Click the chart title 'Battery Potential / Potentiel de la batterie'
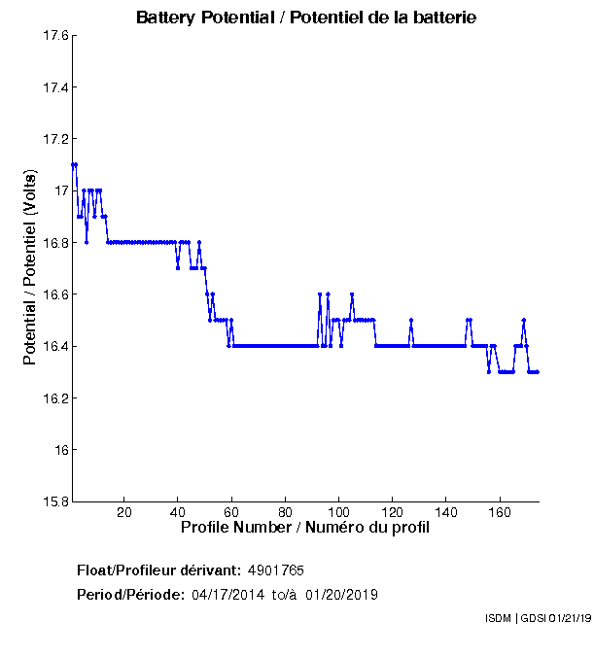306,17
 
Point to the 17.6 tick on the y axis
54,36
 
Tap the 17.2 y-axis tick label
54,139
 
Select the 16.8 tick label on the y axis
54,243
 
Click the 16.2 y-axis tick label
54,398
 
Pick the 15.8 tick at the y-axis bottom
54,502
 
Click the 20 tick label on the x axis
123,512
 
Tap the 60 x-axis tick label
231,512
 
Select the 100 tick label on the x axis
338,512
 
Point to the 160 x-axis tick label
500,512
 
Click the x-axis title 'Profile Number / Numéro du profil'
305,528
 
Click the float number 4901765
283,570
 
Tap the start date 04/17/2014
227,595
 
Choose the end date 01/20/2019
341,595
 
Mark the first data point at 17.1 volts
73,165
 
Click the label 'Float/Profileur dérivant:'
158,570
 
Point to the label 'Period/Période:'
130,595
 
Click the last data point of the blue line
538,372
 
